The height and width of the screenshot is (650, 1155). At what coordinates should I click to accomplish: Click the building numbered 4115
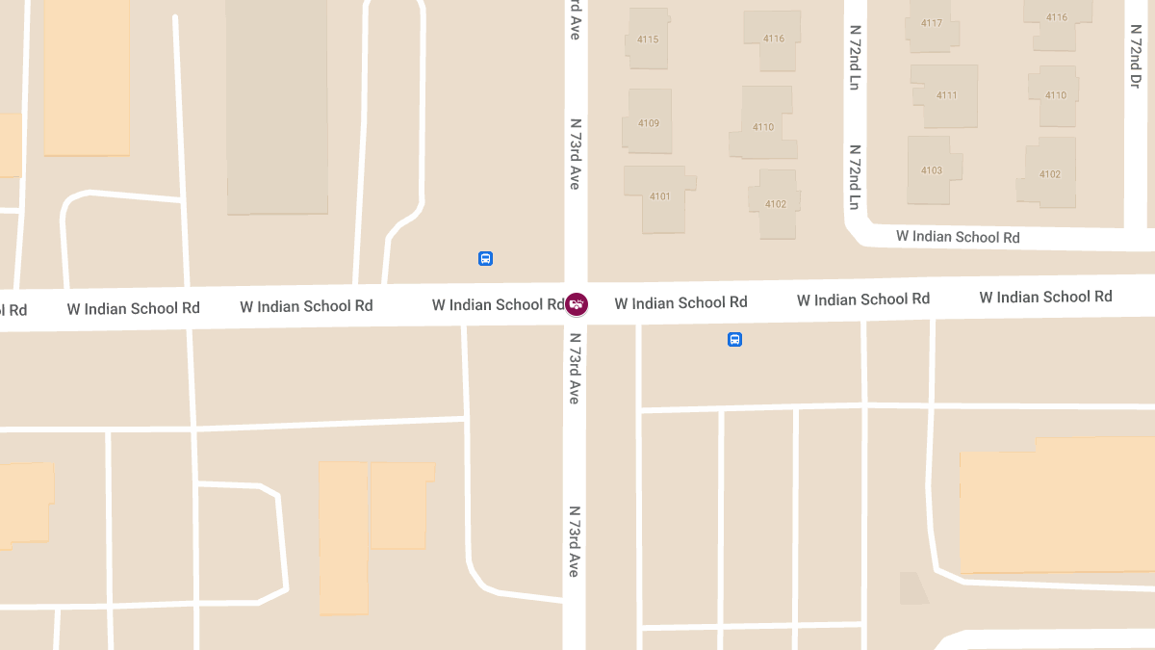[648, 39]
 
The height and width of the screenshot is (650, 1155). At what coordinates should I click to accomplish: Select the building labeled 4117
[931, 23]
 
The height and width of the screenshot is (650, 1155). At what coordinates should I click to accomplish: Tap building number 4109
[648, 122]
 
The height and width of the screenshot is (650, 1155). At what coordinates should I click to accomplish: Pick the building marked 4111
[946, 95]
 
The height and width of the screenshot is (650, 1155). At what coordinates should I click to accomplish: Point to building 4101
[659, 196]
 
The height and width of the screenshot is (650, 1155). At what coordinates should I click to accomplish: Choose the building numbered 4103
[931, 170]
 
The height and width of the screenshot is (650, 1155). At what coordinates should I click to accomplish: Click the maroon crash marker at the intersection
[576, 304]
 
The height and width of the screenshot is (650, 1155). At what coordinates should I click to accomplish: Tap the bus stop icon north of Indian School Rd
[485, 258]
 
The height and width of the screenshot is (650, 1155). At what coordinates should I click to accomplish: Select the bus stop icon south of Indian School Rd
[734, 339]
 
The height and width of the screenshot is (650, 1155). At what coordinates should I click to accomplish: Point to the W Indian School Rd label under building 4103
[958, 236]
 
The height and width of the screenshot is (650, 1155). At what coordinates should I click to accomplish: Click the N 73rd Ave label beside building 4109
[576, 153]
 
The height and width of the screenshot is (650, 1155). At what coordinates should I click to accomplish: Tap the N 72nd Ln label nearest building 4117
[854, 58]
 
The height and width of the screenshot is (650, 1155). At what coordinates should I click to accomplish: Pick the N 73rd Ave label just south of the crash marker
[575, 368]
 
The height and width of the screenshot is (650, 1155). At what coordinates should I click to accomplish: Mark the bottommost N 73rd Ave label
[574, 541]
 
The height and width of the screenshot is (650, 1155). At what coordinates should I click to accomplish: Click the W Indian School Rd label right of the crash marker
[680, 302]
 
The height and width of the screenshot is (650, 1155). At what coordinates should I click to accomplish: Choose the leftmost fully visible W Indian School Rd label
[133, 308]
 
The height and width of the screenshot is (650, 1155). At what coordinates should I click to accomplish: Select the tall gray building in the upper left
[276, 106]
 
